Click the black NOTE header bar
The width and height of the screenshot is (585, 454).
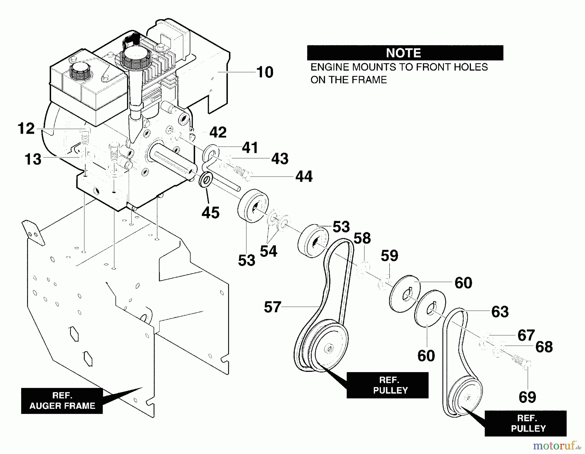tap(405, 53)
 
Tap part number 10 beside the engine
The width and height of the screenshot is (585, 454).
tap(265, 72)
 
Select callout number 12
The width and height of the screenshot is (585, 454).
tap(26, 129)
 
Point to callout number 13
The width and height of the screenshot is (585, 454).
tap(33, 159)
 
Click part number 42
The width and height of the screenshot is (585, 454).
tap(218, 132)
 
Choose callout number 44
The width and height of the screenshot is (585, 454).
tap(304, 177)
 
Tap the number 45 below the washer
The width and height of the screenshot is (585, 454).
tap(211, 213)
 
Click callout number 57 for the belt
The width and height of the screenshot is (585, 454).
tap(272, 307)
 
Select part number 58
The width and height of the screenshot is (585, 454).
tap(362, 238)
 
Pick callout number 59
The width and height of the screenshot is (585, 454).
tap(389, 256)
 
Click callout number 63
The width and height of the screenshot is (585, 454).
tap(500, 312)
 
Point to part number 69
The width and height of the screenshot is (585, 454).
tap(527, 397)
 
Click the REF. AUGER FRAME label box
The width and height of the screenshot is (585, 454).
tap(62, 401)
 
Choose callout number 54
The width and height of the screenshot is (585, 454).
tap(268, 251)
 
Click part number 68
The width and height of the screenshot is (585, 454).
tap(544, 347)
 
